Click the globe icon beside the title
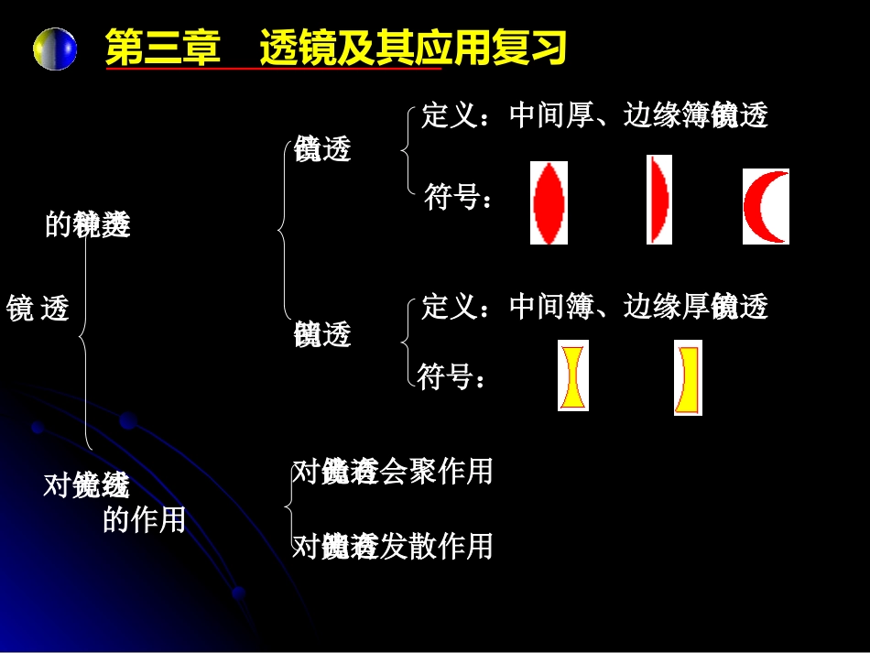click(55, 49)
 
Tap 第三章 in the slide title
click(163, 49)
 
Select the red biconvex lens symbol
click(549, 202)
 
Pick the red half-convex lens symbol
click(658, 199)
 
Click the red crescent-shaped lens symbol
click(765, 206)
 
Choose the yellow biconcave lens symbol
click(573, 375)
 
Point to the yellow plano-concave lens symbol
click(688, 377)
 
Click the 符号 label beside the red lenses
click(452, 197)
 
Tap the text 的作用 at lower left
click(144, 520)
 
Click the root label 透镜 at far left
click(38, 309)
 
